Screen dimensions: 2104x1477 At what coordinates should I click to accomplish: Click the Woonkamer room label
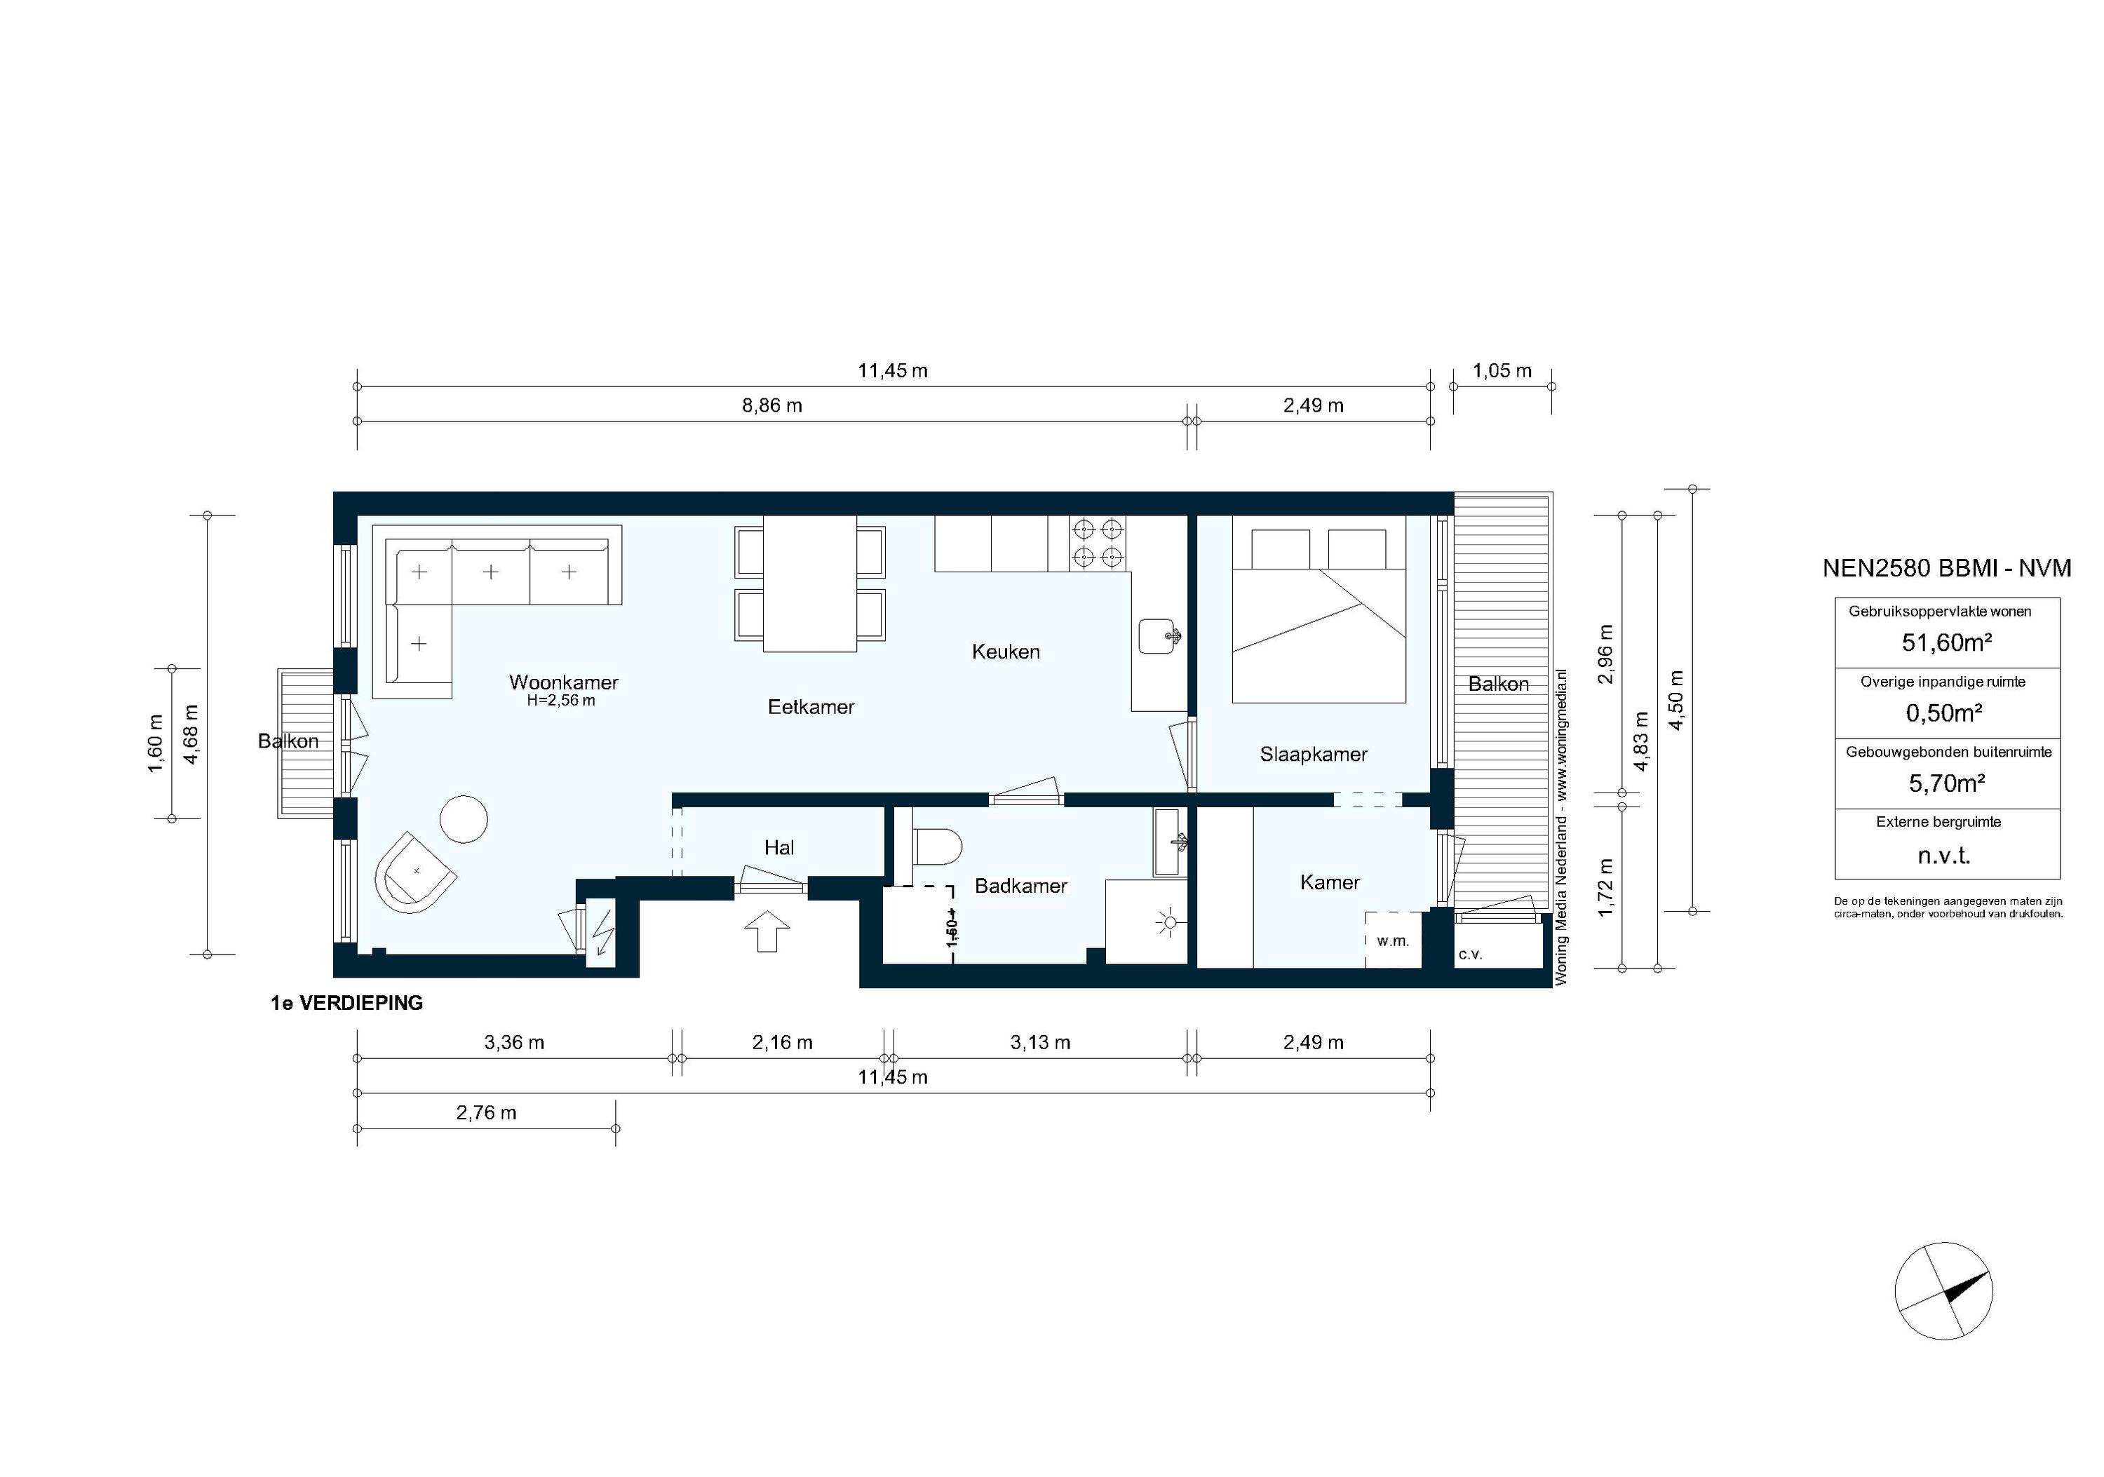pos(564,682)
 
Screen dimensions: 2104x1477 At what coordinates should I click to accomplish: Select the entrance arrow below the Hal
pos(768,931)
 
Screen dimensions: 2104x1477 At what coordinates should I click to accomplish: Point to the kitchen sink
pos(1160,636)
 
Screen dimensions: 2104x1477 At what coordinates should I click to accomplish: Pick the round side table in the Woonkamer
pos(464,818)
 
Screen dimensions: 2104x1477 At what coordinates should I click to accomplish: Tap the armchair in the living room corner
pos(415,872)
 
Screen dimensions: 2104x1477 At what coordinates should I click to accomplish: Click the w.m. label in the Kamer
pos(1392,941)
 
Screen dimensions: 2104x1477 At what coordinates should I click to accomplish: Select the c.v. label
pos(1471,955)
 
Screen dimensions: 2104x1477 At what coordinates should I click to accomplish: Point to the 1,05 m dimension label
pos(1502,371)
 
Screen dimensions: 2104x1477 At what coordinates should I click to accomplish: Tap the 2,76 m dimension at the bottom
pos(486,1113)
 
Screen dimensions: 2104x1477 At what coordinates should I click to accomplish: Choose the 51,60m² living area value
pos(1948,642)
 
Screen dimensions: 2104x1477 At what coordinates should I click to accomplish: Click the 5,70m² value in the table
pos(1948,783)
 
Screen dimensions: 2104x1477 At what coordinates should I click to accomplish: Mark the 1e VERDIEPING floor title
pos(346,1004)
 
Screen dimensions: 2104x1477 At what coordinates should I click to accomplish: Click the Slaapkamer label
pos(1313,754)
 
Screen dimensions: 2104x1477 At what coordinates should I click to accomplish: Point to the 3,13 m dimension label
pos(1040,1043)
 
